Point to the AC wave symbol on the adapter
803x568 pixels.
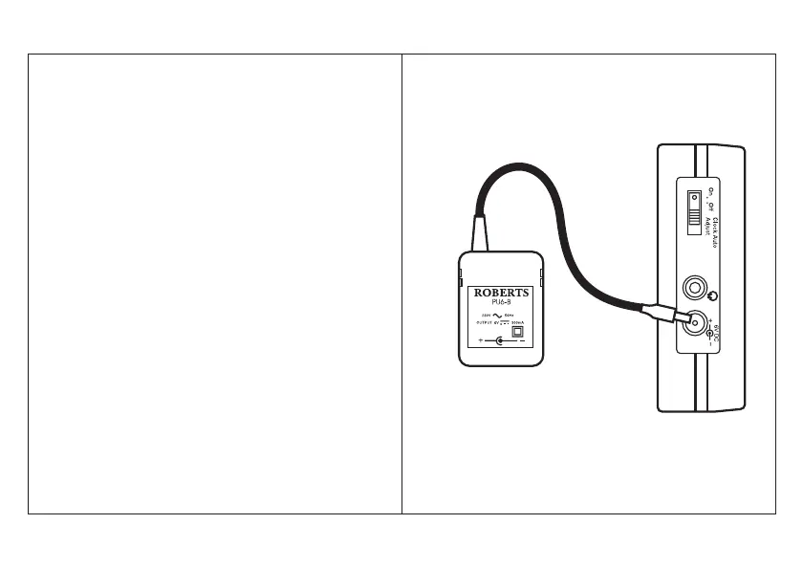499,317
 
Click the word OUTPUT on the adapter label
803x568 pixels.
485,324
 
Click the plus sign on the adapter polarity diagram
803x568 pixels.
480,341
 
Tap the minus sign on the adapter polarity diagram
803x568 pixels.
521,341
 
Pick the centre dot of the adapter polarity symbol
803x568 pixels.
500,341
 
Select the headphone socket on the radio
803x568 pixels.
694,288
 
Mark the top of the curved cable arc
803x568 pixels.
517,166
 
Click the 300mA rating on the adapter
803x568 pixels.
520,324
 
